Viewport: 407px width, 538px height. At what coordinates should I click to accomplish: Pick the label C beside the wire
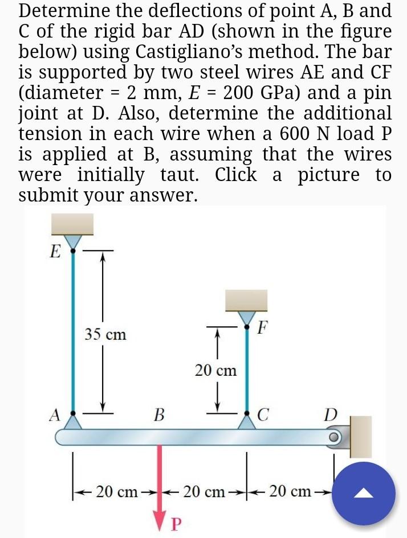263,414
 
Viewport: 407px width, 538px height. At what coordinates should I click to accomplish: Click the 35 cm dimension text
105,334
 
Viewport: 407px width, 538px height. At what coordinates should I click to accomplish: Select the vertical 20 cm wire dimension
215,371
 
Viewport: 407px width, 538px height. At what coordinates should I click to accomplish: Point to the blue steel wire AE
72,330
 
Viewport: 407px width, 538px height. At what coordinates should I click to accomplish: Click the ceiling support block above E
72,224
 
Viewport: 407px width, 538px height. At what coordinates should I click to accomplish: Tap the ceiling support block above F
246,300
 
